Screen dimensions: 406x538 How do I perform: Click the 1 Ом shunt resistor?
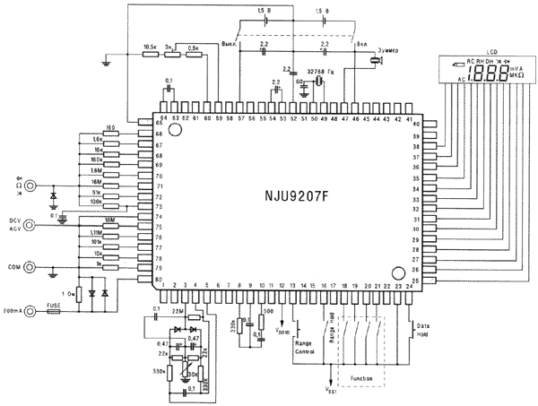click(79, 293)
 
